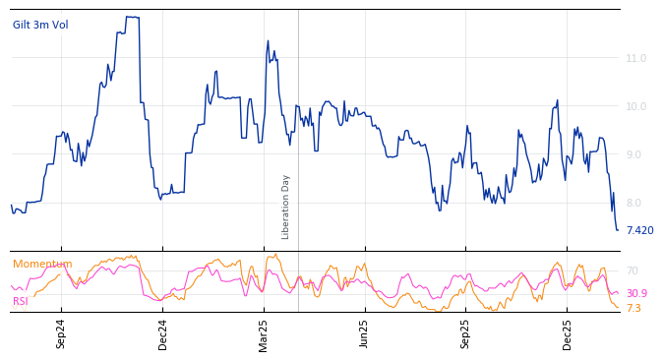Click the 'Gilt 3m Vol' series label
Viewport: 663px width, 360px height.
[40, 25]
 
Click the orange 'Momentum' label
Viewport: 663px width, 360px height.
[42, 264]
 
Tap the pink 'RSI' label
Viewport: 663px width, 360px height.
[21, 301]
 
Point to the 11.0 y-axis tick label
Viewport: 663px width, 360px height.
[636, 59]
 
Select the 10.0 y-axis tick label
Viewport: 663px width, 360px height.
[636, 106]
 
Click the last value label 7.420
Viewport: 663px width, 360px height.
[639, 230]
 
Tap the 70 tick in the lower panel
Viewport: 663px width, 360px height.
[633, 270]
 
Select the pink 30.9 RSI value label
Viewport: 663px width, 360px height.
[636, 293]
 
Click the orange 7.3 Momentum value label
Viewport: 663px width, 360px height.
[633, 308]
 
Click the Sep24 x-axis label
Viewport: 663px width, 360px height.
[61, 333]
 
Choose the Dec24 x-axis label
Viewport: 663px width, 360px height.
[163, 333]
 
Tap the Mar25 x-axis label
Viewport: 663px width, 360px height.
[264, 333]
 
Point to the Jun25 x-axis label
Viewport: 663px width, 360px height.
[364, 333]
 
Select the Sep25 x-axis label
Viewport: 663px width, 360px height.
[466, 333]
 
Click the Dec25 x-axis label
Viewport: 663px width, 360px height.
[568, 333]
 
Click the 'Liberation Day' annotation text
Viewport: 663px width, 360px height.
[286, 207]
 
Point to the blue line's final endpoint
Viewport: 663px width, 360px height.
[618, 230]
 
